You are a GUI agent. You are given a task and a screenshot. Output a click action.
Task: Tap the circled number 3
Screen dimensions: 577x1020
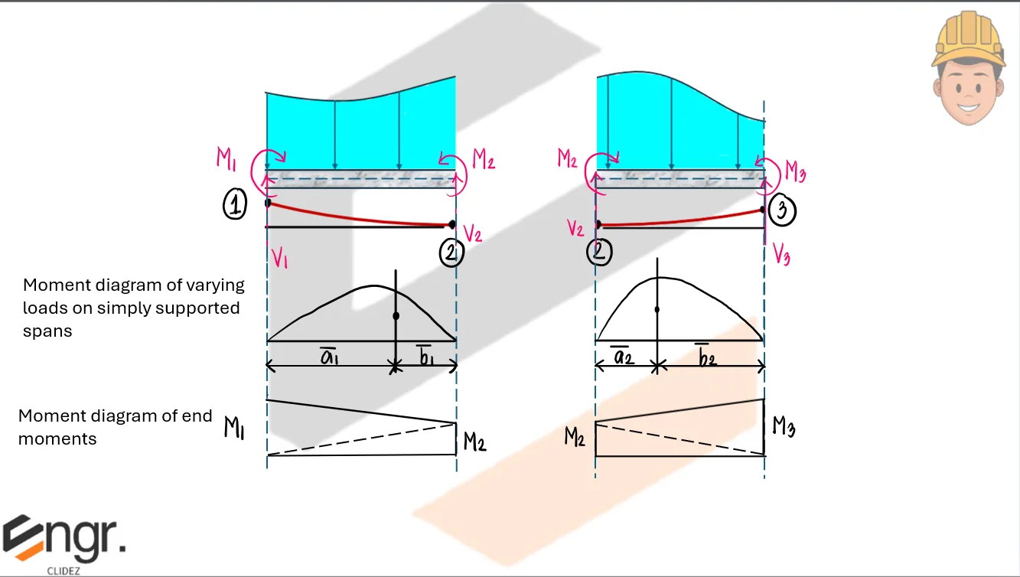click(781, 211)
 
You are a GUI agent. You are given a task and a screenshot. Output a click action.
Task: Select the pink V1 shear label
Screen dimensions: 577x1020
click(279, 258)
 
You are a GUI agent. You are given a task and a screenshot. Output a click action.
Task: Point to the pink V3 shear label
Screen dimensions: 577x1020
click(781, 253)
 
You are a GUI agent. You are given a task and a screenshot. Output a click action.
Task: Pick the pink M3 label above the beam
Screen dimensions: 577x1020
click(794, 174)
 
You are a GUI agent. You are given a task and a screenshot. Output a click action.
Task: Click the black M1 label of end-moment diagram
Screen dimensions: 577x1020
click(233, 427)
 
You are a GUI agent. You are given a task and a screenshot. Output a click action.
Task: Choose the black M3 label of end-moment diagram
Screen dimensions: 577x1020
click(783, 425)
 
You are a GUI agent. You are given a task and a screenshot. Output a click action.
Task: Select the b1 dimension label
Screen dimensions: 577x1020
click(425, 356)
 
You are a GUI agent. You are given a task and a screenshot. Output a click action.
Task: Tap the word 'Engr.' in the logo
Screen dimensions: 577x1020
click(64, 539)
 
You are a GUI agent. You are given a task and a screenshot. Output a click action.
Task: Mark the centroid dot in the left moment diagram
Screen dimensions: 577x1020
click(396, 315)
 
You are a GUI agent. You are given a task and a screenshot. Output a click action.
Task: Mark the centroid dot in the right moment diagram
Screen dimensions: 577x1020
click(657, 309)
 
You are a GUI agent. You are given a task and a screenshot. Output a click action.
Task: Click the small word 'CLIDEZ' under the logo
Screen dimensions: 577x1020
click(64, 570)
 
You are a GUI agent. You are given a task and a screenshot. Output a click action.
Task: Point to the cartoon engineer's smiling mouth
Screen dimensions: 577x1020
click(967, 105)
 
